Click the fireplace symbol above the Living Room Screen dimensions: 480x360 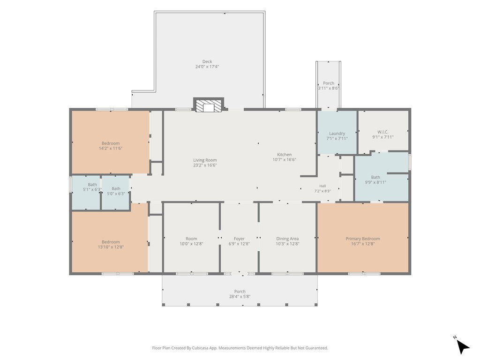pos(209,105)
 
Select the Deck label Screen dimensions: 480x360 pos(207,61)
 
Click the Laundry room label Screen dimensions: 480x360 pos(337,134)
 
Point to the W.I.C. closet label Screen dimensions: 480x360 pos(383,132)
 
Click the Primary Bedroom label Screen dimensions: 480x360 pos(363,239)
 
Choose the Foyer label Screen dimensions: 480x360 pos(239,239)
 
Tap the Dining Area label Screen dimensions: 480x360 pos(287,239)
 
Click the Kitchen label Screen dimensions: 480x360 pos(285,155)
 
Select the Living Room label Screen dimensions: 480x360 pos(205,160)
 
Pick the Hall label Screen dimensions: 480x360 pos(322,186)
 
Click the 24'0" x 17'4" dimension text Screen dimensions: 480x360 pos(207,67)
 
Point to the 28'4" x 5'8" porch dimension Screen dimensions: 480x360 pos(240,297)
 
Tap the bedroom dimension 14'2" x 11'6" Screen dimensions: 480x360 pos(111,149)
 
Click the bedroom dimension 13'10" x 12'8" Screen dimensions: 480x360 pos(111,247)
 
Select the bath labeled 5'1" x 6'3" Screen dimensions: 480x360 pos(92,189)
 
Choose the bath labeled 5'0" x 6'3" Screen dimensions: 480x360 pos(116,194)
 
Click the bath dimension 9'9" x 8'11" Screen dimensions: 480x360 pos(375,182)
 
